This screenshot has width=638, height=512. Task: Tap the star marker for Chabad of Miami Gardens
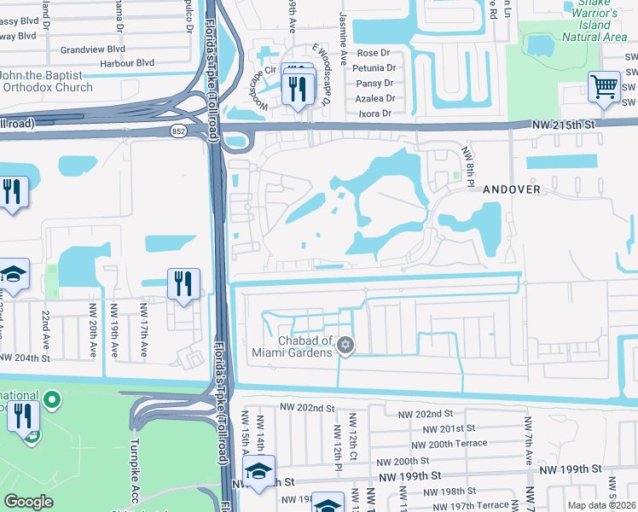[x=345, y=346]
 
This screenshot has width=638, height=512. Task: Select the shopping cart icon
[x=604, y=86]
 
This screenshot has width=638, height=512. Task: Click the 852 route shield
[x=178, y=131]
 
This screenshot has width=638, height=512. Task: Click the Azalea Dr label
[x=375, y=98]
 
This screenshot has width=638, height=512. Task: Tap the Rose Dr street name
[x=361, y=53]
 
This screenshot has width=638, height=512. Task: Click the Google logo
[x=29, y=501]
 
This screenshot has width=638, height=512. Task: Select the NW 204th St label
[x=35, y=357]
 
